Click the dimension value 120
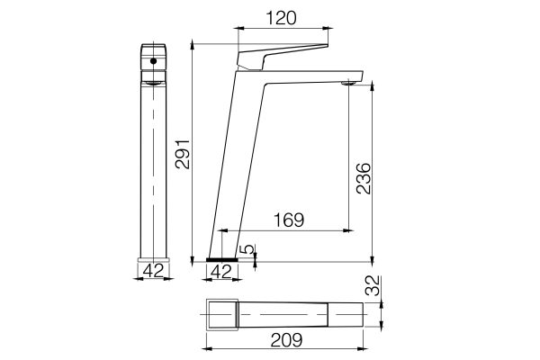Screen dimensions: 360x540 tap(278, 16)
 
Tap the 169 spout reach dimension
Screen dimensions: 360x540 tap(287, 220)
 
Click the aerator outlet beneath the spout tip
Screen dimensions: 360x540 tap(349, 84)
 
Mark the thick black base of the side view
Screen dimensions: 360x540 tap(222, 259)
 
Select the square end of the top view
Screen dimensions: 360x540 tap(221, 314)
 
